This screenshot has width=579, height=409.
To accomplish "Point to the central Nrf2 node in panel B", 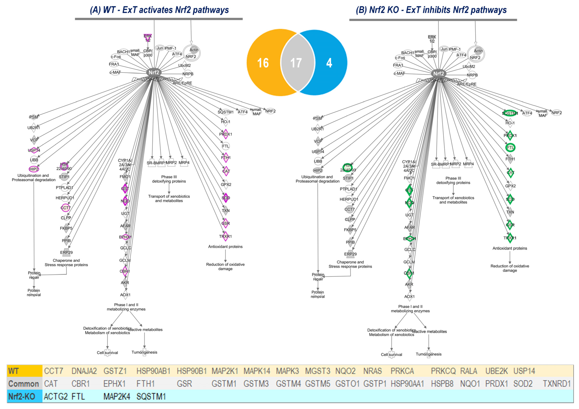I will point(439,74).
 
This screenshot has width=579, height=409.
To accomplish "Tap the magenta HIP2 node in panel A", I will point(34,169).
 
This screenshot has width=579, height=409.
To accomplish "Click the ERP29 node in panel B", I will point(350,254).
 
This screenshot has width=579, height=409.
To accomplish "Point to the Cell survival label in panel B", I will point(391,355).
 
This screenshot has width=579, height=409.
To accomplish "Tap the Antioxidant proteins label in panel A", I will point(225,247).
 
